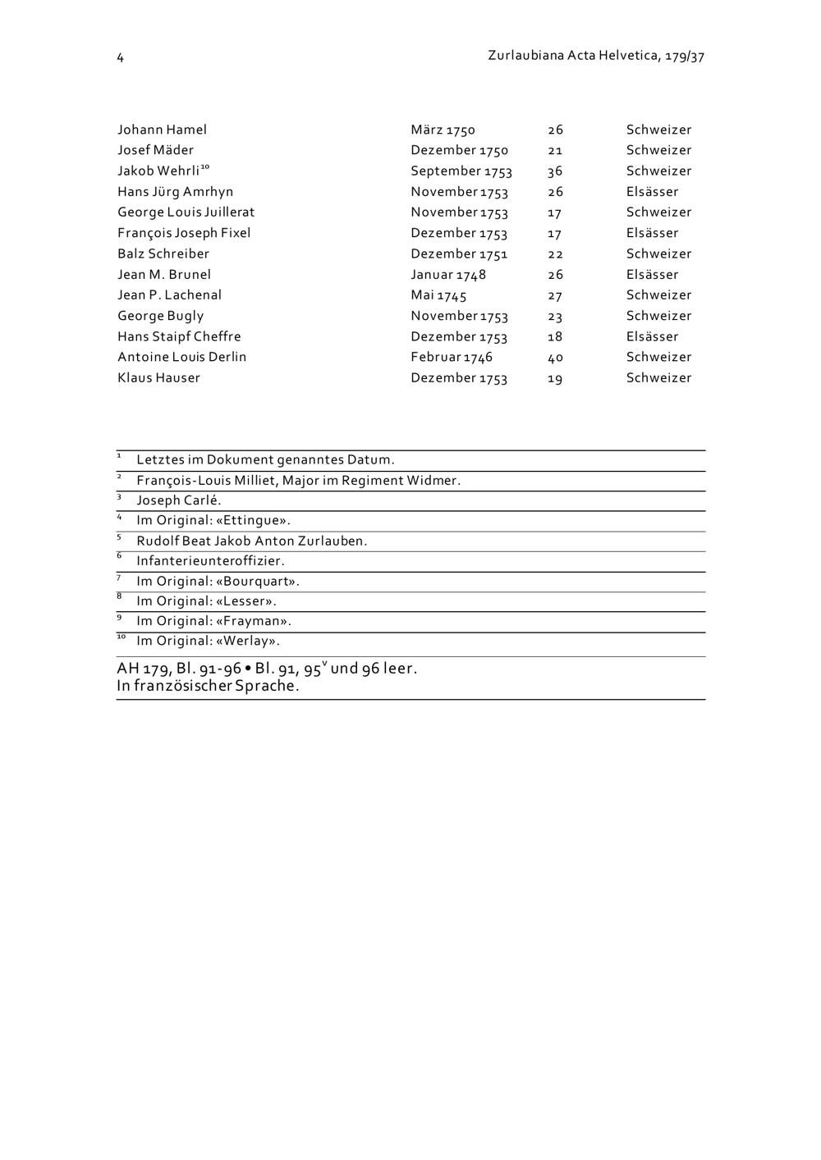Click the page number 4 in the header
120,57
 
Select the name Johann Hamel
162,130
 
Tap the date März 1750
443,130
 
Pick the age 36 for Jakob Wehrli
555,171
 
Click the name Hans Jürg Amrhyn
175,192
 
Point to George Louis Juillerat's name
186,212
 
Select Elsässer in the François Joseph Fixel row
652,233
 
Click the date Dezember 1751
459,254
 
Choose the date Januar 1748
448,275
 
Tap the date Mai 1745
438,295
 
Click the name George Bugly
160,316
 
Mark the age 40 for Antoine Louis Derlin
555,358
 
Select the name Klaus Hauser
158,378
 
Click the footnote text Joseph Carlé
178,500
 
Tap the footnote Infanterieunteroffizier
210,561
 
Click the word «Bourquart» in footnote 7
257,581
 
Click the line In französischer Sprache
208,686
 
